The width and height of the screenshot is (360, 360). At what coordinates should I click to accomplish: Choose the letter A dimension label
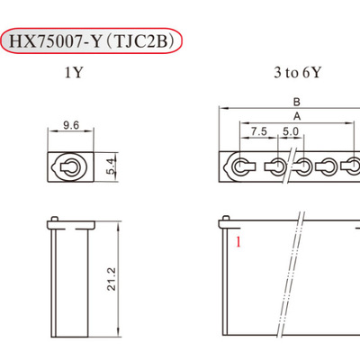point(296,117)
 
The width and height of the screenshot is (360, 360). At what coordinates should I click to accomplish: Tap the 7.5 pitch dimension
point(259,131)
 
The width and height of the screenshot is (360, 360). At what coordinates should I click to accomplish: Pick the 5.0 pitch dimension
point(290,131)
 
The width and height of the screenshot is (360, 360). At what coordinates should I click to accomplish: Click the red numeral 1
point(238,242)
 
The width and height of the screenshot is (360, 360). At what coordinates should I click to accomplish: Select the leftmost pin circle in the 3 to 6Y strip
point(243,166)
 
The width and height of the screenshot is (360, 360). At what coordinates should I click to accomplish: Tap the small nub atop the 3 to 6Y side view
point(227,217)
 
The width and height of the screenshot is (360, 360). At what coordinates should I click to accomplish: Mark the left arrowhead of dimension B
point(221,110)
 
